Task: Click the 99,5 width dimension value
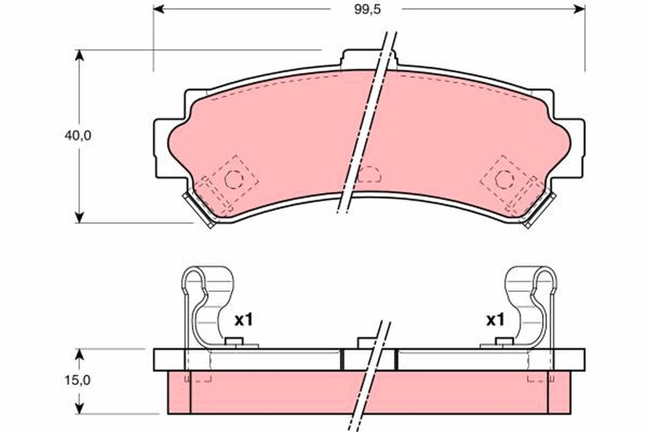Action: click(x=366, y=9)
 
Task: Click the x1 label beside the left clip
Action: click(x=243, y=320)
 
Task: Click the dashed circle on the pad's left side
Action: click(x=233, y=179)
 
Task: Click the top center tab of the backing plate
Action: click(x=369, y=58)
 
